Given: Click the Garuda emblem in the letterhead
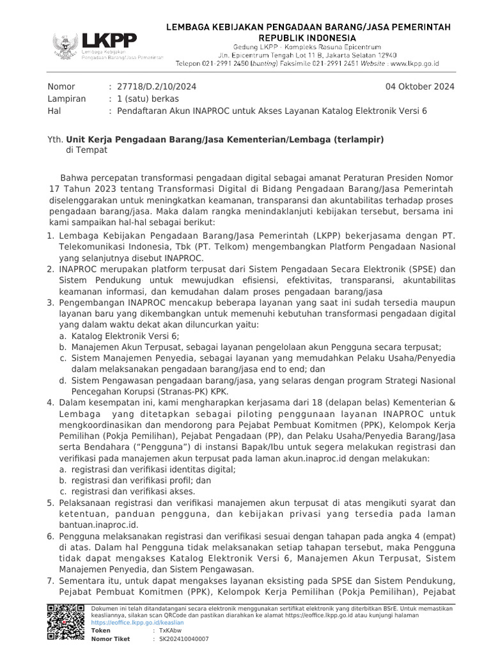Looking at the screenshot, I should (x=65, y=45).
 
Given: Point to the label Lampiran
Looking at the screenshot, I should (x=65, y=99).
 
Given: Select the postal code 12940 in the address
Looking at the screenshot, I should (x=401, y=56).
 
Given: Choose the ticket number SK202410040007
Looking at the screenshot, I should (x=184, y=638).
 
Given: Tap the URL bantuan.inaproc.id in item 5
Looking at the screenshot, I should (x=98, y=524).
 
